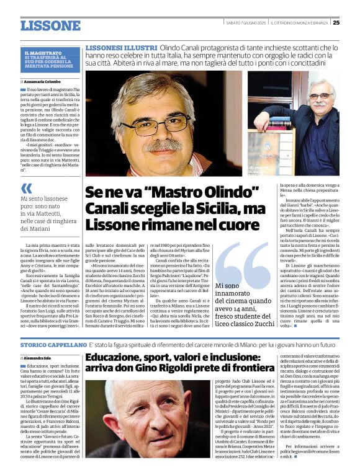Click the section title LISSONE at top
(x=50, y=25)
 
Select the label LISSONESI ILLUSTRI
(x=121, y=48)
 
